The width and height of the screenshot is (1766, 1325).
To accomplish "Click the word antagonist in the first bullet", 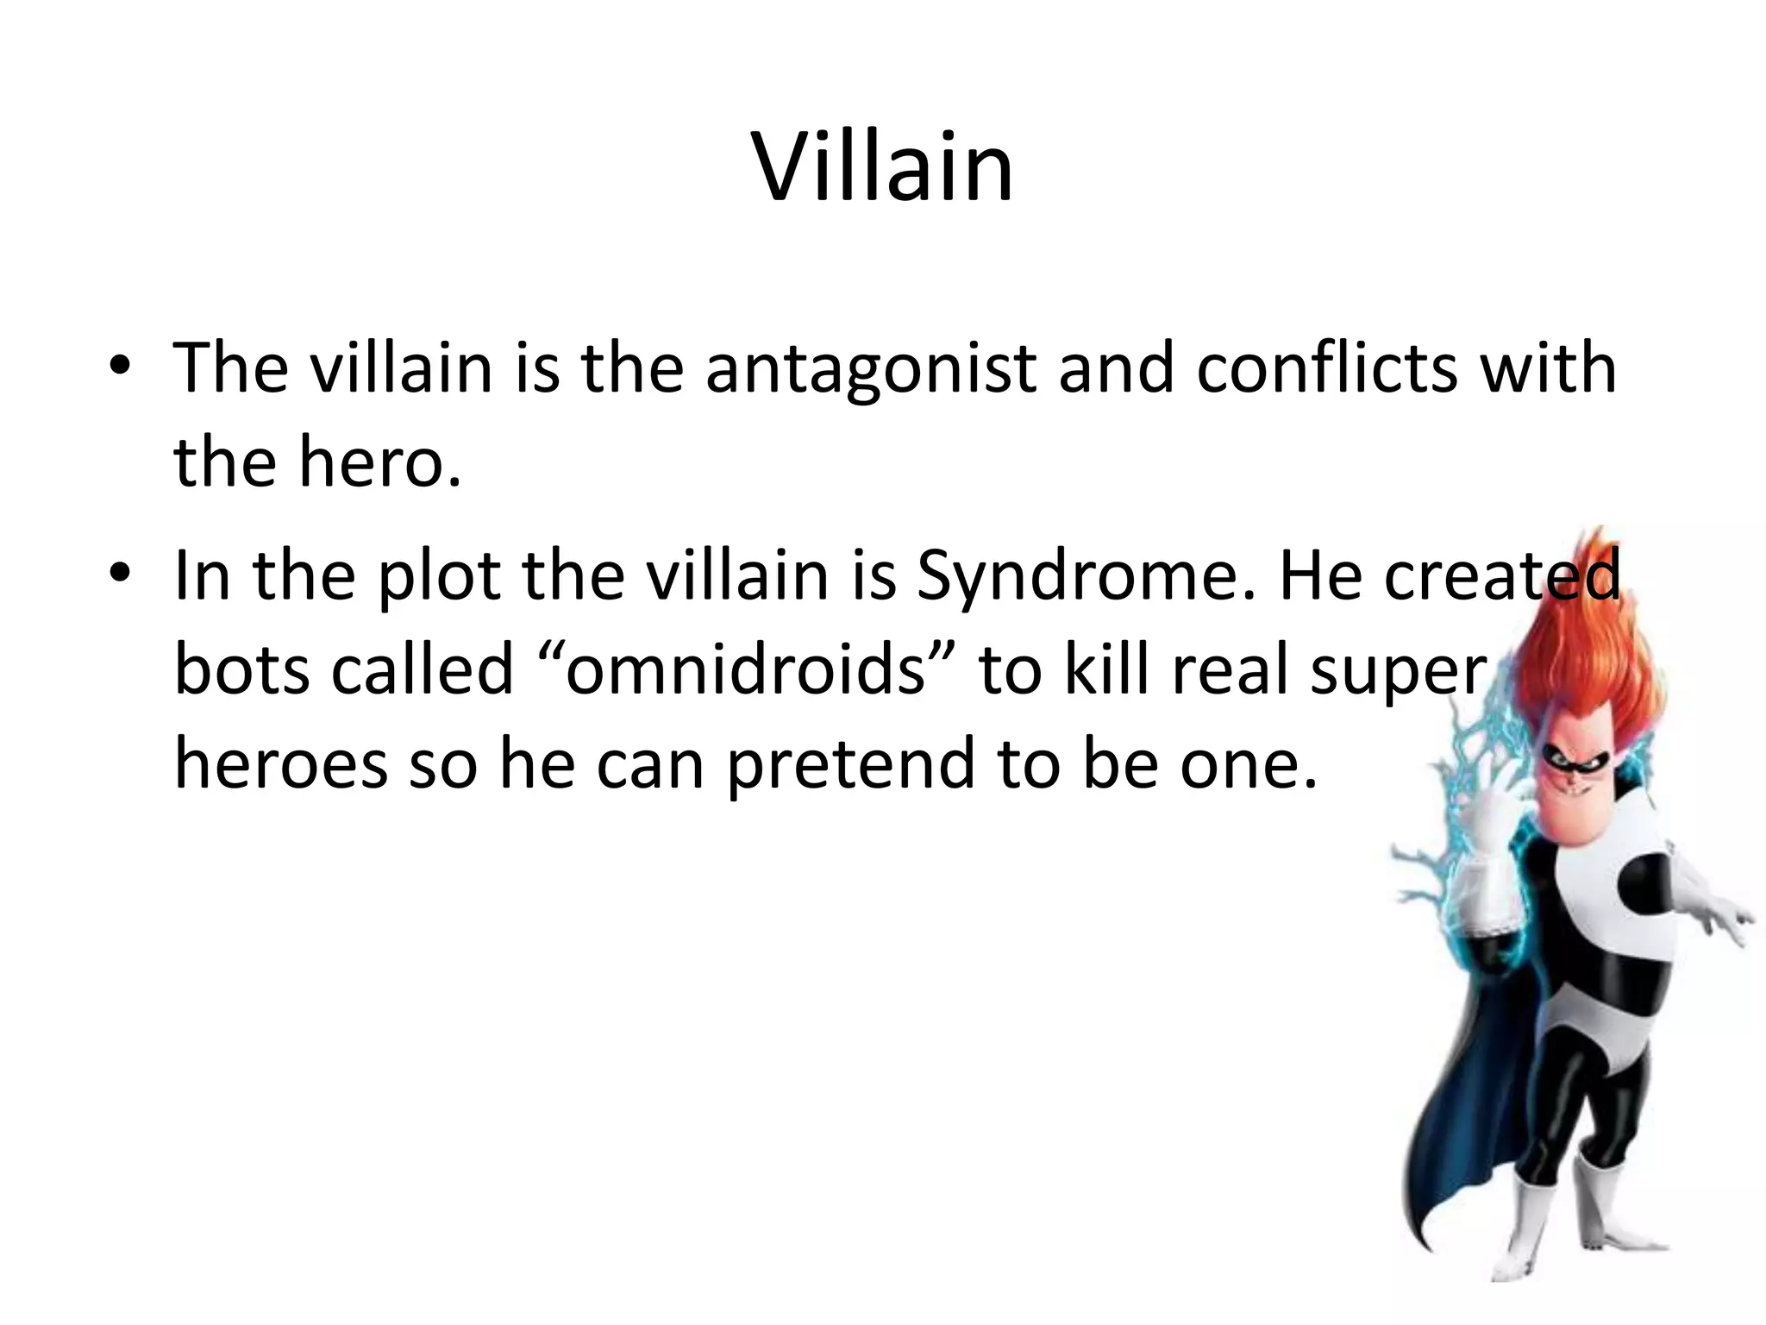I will click(871, 369).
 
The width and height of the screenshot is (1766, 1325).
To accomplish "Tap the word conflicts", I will click(1319, 369).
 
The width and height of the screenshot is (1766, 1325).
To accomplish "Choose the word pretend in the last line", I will click(850, 763).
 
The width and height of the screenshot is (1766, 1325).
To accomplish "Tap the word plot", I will click(440, 576).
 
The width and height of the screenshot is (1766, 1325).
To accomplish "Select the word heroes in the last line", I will click(280, 763).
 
